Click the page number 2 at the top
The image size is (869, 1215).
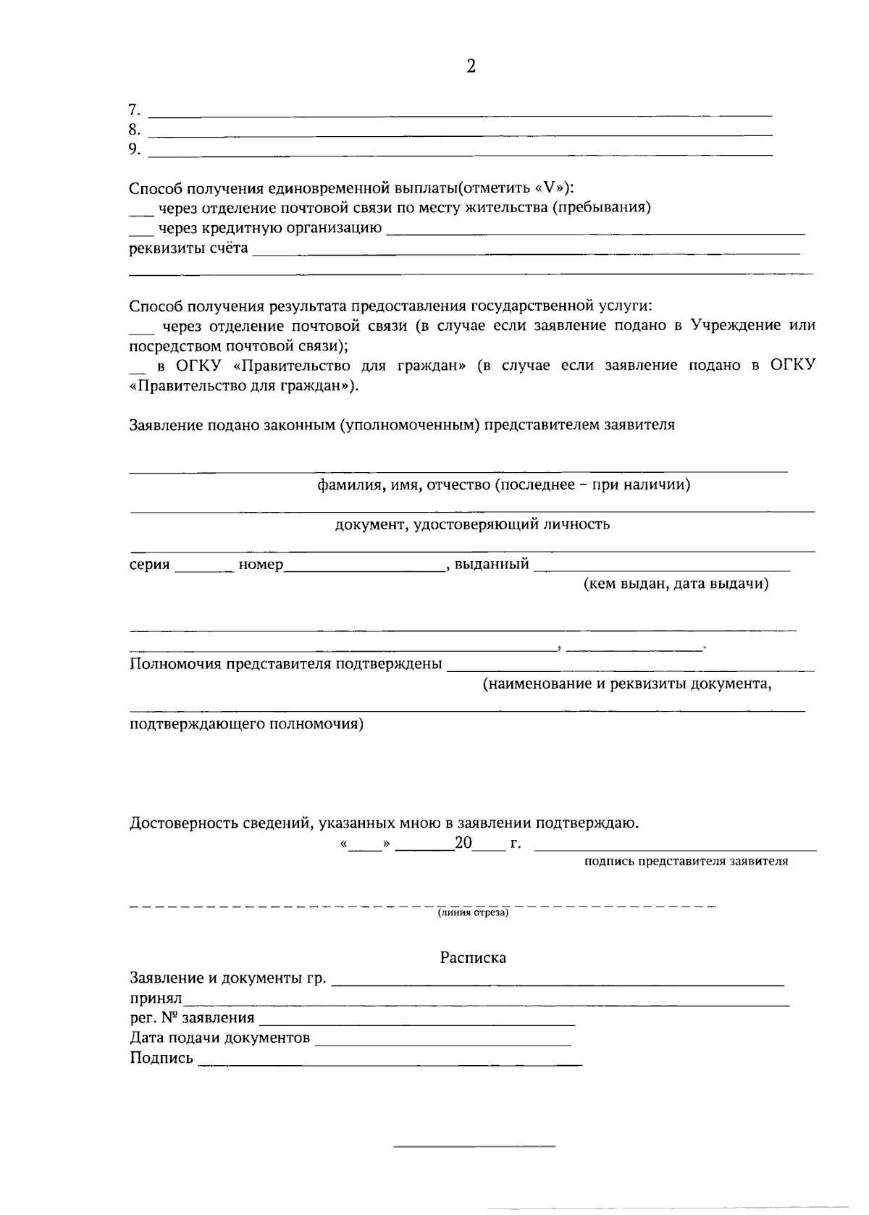point(471,67)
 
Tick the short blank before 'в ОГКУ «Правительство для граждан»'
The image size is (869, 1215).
point(137,369)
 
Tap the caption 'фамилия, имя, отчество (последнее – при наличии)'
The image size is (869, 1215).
point(503,484)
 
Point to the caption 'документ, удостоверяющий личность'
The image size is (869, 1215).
point(472,524)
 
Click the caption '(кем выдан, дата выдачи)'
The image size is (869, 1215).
point(676,584)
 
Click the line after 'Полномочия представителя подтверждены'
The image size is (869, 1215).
point(630,668)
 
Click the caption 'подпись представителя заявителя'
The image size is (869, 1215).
point(686,862)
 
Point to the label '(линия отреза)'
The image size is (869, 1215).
point(473,913)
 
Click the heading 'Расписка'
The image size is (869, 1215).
point(473,958)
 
